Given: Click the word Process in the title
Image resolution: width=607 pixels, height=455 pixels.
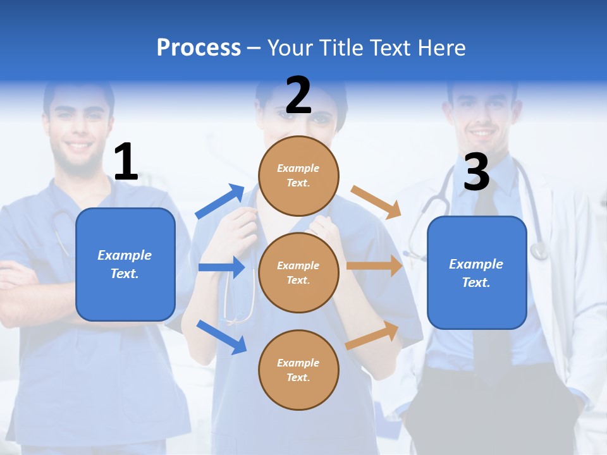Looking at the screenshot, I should coord(199,47).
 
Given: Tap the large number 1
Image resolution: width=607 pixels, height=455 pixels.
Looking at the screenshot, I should coord(126,162).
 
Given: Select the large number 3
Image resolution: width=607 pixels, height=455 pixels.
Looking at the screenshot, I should coord(476,173).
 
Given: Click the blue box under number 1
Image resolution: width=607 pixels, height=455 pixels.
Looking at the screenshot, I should coord(125,264).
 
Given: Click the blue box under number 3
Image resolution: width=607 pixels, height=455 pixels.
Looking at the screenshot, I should coord(476,273).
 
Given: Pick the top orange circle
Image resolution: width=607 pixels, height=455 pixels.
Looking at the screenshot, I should coord(298,176).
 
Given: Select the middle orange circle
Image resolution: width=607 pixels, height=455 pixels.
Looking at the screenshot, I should coord(298,273).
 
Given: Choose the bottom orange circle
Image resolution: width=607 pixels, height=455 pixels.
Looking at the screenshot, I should coord(298,370).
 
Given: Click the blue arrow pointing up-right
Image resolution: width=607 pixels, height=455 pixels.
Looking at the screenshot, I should coord(220,202).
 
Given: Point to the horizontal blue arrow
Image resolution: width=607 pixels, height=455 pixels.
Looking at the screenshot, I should coord(221,267).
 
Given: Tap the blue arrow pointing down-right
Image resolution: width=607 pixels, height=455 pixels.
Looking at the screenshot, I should coord(221,337).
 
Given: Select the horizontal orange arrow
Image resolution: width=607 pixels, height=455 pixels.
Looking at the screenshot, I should coord(374,266).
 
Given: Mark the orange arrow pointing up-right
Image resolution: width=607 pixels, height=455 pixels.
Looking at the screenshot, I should coord(372,336).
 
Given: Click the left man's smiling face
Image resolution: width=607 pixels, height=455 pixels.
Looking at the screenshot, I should coord(80,130).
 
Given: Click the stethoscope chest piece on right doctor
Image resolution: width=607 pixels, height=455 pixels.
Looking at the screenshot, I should coord(539,252).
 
